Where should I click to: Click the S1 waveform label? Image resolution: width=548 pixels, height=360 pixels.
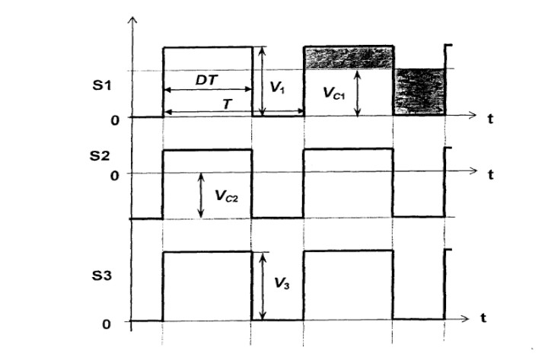point(102,85)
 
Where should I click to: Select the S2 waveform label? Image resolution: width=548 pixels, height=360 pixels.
point(100,156)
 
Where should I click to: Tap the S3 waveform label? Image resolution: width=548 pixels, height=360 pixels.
point(102,276)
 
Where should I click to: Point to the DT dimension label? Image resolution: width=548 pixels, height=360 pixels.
point(206,81)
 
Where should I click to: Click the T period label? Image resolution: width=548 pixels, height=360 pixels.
point(227,104)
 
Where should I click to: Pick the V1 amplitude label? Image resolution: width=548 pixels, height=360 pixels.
point(278,88)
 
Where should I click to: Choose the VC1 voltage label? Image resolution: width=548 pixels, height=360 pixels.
point(334,93)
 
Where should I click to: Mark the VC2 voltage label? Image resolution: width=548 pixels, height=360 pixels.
point(227,196)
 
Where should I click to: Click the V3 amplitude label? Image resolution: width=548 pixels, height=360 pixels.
point(282,283)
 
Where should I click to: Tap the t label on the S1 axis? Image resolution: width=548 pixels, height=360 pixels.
point(491,119)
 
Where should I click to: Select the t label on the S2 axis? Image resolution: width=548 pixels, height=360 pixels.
point(491,174)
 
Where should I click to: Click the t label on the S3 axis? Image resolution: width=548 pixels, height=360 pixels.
point(484,318)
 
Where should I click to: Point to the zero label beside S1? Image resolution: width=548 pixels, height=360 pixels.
point(115,120)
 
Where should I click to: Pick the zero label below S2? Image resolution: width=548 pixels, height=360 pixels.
point(115,176)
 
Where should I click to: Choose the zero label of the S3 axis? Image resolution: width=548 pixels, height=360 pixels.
point(107,324)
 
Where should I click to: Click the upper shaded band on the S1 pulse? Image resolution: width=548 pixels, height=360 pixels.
point(349,58)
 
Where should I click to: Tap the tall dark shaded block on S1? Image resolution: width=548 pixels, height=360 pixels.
point(419,91)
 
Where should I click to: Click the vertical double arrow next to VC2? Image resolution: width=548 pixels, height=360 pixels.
point(201,195)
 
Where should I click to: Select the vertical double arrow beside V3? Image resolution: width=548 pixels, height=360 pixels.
point(263,286)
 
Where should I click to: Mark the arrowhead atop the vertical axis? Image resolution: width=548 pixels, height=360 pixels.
point(132,20)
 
